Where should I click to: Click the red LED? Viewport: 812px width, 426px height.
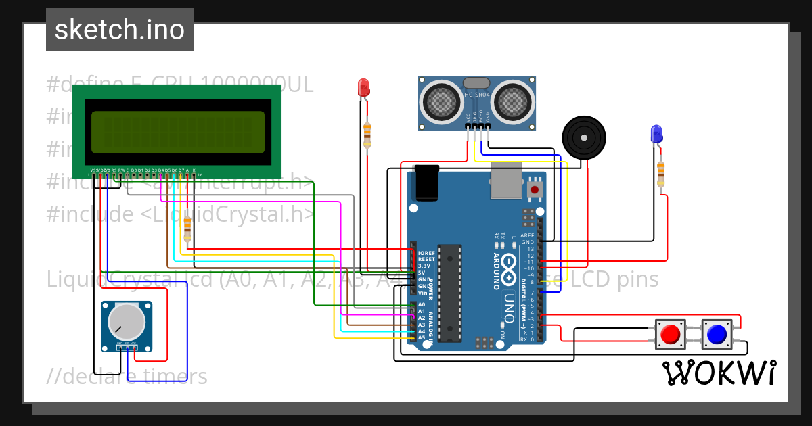coord(363,87)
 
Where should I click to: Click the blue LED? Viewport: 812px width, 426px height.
coord(655,133)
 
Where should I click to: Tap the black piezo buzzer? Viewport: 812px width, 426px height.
coord(583,137)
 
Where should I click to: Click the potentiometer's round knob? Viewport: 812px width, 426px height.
coord(127,322)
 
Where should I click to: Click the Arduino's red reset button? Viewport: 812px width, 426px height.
coord(535,190)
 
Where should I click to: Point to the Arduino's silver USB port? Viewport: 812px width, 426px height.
coord(506,181)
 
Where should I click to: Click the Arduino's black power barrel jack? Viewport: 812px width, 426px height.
coord(427,182)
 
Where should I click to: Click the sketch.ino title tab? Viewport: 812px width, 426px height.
coord(120,30)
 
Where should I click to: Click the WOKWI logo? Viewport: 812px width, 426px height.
coord(719,373)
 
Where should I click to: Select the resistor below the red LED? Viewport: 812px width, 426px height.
coord(367,134)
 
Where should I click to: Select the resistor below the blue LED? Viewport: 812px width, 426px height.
coord(660,174)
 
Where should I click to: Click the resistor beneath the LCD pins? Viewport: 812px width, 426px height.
coord(187,231)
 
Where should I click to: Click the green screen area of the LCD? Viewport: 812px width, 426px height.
coord(177,132)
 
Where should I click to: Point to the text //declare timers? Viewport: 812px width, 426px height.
coord(128,377)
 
